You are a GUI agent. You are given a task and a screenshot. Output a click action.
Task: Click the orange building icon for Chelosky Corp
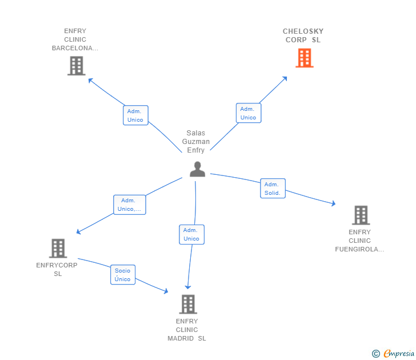coord(305,58)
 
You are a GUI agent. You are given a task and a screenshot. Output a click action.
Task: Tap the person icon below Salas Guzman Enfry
coord(197,169)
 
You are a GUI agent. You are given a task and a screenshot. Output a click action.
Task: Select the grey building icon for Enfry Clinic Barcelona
coord(77,66)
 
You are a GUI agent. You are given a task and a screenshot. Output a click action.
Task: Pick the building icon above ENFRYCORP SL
coord(58,249)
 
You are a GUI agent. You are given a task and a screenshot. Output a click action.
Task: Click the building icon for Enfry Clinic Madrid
coord(188,304)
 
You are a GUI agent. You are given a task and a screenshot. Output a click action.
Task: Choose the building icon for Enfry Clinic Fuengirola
coord(361,215)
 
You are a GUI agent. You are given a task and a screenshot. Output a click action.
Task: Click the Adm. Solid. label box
coord(273,189)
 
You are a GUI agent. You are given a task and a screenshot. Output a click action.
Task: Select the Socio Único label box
coord(123,275)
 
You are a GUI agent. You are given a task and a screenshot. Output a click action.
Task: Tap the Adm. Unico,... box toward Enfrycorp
coord(130,205)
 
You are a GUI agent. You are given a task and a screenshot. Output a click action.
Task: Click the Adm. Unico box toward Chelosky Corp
coord(249,113)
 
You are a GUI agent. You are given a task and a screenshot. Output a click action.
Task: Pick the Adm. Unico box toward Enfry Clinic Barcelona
coord(135,115)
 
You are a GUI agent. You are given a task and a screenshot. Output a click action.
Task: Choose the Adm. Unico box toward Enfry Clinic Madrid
coord(191,234)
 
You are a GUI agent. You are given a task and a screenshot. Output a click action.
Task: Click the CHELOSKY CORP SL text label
coord(303,35)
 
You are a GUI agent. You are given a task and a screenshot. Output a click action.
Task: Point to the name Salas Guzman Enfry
coord(196,141)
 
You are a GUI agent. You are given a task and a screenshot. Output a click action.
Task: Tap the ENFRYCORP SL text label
coord(57,269)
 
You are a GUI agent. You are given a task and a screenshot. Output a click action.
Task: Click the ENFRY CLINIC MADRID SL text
coord(187,330)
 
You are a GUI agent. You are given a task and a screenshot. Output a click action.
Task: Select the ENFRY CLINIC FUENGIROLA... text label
coord(359,241)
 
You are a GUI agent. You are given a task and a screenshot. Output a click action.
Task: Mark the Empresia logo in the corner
coord(393,353)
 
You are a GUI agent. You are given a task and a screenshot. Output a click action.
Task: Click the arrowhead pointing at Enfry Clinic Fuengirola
coord(334,203)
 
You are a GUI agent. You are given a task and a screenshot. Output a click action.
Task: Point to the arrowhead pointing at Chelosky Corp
coord(285,79)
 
